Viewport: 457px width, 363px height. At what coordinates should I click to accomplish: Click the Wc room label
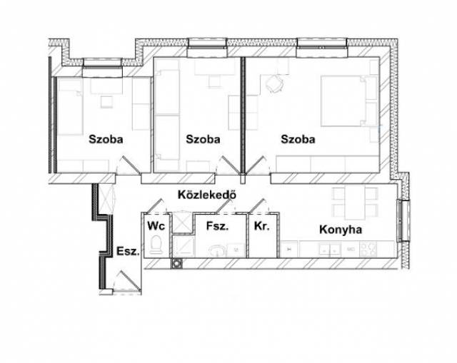tap(156, 225)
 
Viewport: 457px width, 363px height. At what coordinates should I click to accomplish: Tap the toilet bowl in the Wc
tap(156, 245)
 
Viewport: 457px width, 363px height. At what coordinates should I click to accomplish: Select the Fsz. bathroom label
tap(217, 226)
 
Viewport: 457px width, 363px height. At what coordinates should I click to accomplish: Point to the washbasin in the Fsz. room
tap(216, 251)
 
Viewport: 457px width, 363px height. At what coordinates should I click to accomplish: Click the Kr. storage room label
tap(262, 226)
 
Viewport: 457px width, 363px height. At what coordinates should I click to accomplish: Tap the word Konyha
tap(341, 230)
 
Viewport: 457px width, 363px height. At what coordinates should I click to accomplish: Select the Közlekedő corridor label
tap(207, 195)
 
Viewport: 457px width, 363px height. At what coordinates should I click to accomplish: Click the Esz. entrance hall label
tap(127, 251)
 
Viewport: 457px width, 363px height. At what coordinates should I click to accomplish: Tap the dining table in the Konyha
tap(355, 203)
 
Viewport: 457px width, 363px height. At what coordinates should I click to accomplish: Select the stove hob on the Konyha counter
tap(368, 250)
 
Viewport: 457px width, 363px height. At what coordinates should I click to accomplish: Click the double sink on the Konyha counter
tap(330, 250)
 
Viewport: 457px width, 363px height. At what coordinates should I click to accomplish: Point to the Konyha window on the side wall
tap(403, 220)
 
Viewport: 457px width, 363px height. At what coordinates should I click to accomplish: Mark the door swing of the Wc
tap(156, 206)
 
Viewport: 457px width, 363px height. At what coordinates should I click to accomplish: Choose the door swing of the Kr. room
tap(259, 206)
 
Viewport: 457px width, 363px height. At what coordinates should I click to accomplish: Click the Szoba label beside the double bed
tap(298, 139)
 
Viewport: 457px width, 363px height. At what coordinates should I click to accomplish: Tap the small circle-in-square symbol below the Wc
tap(176, 263)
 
